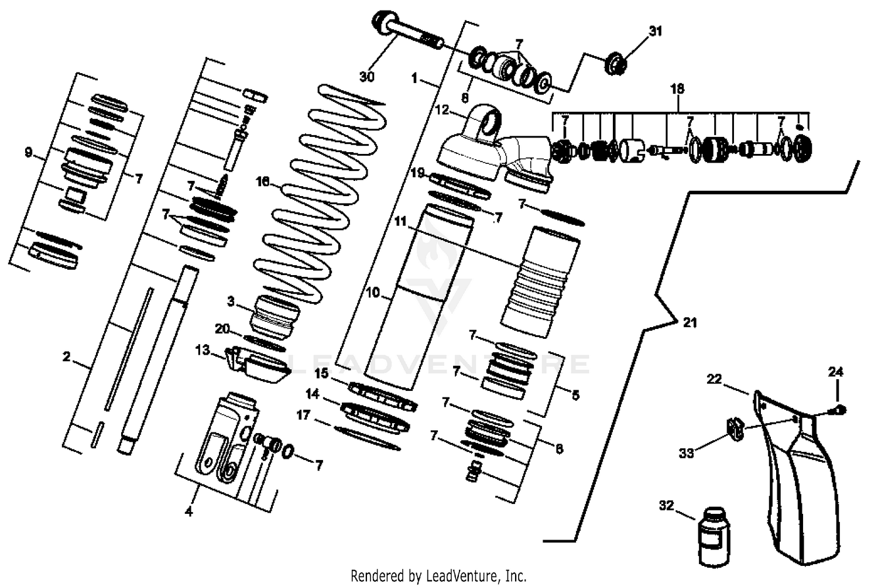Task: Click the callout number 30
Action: pyautogui.click(x=367, y=77)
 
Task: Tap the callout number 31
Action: pyautogui.click(x=656, y=31)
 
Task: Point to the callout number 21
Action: pyautogui.click(x=690, y=322)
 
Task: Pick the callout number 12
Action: pyautogui.click(x=441, y=109)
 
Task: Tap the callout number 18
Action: pyautogui.click(x=677, y=89)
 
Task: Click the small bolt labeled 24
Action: pyautogui.click(x=841, y=410)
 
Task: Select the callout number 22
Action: pyautogui.click(x=714, y=379)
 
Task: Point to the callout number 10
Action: pyautogui.click(x=373, y=292)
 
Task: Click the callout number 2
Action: pyautogui.click(x=67, y=356)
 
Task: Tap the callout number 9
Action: pyautogui.click(x=28, y=153)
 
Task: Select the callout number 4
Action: pyautogui.click(x=188, y=512)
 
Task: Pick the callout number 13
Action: pyautogui.click(x=203, y=351)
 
